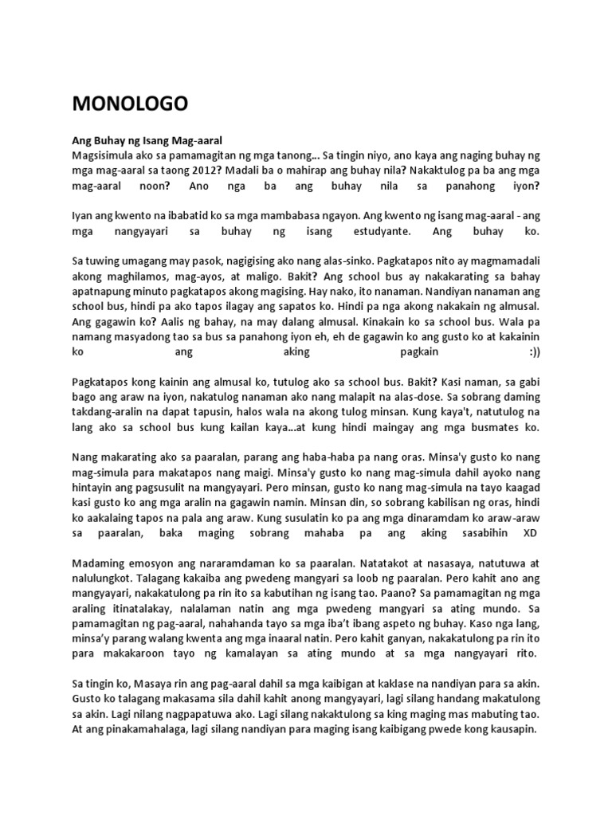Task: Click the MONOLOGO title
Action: pos(130,104)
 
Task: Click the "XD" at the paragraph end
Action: pos(531,532)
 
